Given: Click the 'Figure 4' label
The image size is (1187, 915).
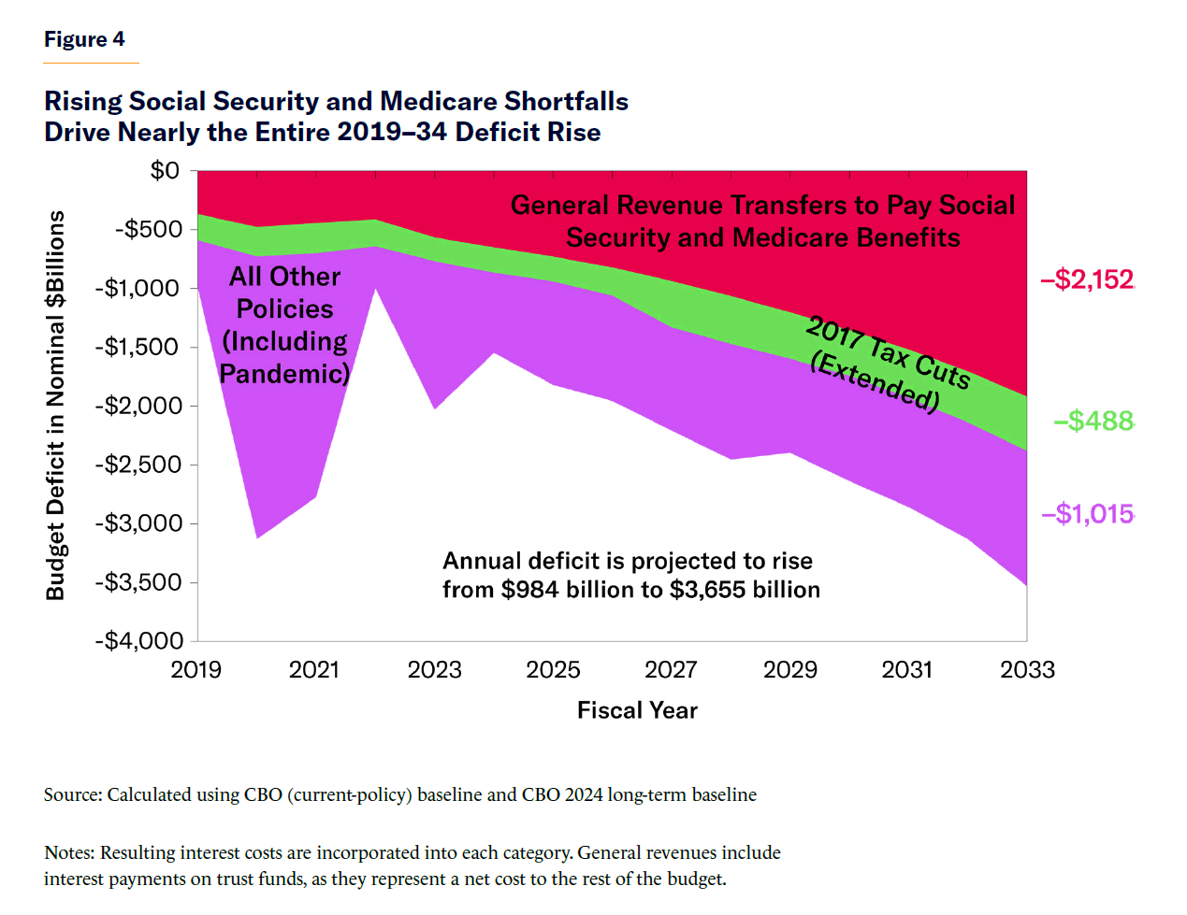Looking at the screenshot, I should point(84,39).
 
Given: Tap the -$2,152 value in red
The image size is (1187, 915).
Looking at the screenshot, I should point(1087,279).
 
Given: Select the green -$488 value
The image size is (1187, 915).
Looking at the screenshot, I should point(1093,421).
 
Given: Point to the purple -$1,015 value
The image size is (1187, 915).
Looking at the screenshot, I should point(1087,514).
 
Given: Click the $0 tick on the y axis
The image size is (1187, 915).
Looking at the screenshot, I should point(165,170).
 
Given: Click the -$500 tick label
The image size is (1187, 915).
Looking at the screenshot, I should point(149,229).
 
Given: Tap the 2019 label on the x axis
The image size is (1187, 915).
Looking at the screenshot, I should point(196,669).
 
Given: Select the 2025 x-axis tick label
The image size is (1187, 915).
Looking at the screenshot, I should point(553,669).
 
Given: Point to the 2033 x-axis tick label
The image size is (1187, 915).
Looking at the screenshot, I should point(1027,669).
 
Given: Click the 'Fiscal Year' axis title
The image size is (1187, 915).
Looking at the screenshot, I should point(637,710).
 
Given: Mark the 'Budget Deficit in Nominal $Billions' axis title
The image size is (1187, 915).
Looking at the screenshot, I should point(56,405).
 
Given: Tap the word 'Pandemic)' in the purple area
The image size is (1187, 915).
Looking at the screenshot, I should point(284,374).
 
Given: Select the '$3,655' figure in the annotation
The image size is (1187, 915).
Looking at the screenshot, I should point(708,590).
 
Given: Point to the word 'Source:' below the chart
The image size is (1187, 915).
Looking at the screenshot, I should point(73,794).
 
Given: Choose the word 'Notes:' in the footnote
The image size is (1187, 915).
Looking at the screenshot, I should point(69,852).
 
